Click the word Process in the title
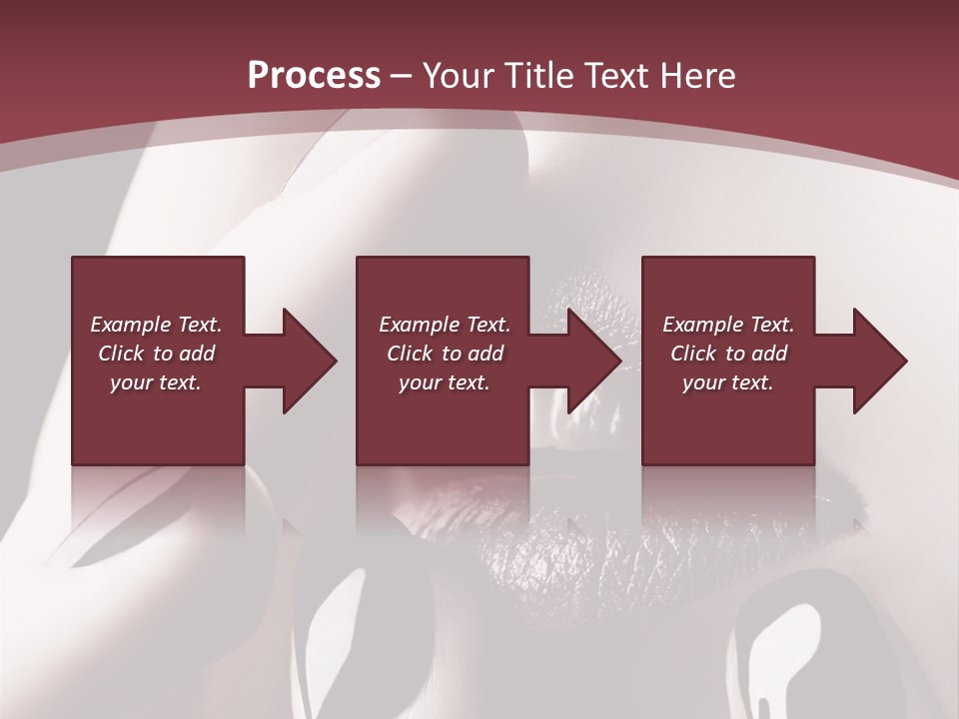(x=314, y=76)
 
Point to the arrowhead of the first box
(x=306, y=360)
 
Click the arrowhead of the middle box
(x=591, y=360)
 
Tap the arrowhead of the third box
(x=877, y=360)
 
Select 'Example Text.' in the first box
(x=156, y=325)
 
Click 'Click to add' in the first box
(x=156, y=354)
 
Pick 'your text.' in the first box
(x=156, y=382)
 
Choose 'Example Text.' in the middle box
(x=444, y=325)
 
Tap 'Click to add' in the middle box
(x=444, y=354)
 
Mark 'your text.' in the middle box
(x=444, y=382)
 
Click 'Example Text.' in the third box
(x=728, y=325)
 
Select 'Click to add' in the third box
(x=728, y=354)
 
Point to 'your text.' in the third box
(x=728, y=382)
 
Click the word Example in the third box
(x=703, y=325)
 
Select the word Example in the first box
(x=131, y=325)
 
